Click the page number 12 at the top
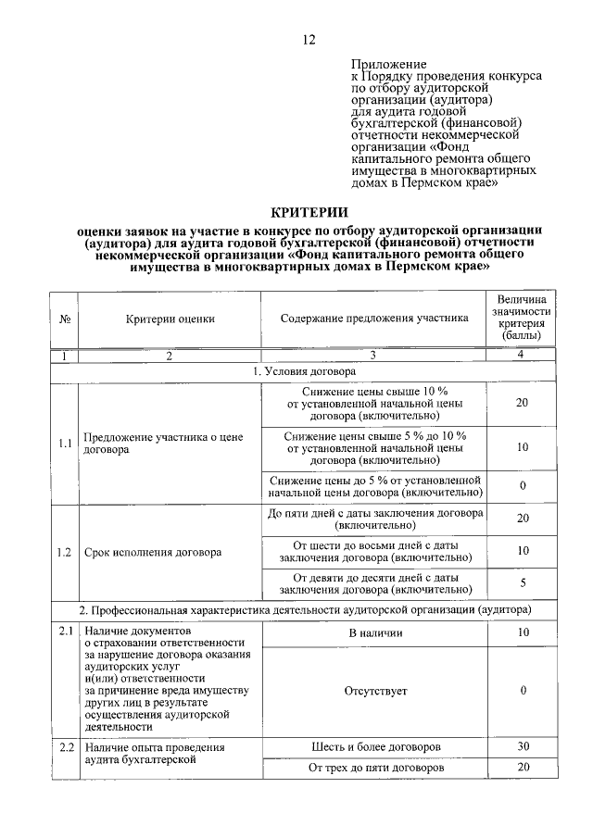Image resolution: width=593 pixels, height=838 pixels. click(309, 39)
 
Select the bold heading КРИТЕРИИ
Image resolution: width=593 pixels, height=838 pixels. click(309, 214)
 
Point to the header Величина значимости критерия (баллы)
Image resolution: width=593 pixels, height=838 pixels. click(522, 319)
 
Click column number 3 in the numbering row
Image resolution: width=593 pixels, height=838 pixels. click(374, 356)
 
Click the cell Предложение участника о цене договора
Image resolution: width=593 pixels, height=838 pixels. click(170, 443)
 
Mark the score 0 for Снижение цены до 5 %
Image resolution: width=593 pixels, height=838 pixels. click(522, 486)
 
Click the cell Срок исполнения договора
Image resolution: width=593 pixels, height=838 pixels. click(153, 553)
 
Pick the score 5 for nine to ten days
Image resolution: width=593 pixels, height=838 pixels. click(522, 582)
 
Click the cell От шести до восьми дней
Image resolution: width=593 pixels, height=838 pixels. click(374, 551)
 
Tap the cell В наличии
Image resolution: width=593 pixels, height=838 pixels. click(374, 632)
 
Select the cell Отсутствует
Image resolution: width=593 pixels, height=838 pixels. click(374, 691)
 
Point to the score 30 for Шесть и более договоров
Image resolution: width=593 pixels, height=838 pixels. click(522, 746)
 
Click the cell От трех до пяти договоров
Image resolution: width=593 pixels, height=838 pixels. click(374, 768)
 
